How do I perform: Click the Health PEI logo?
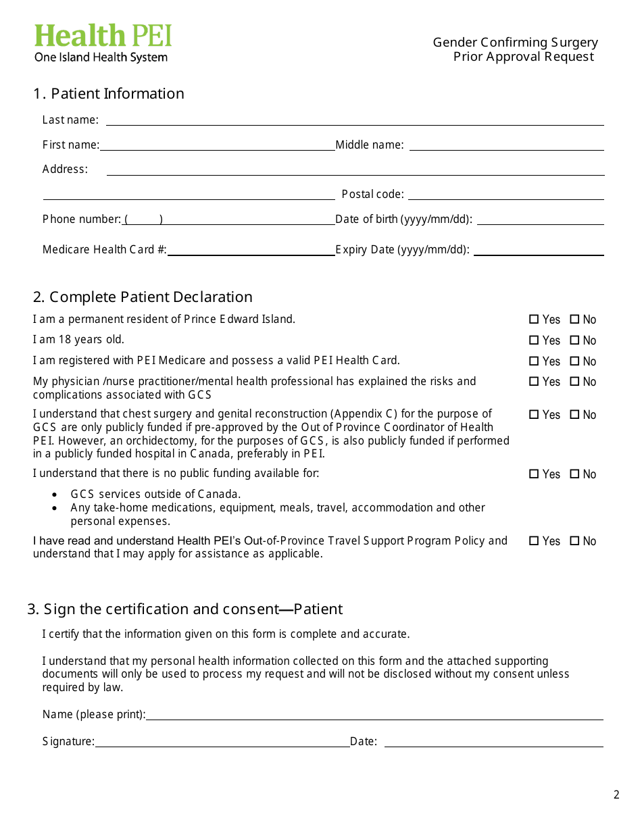tap(103, 43)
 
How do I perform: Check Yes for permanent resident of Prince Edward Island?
tap(534, 320)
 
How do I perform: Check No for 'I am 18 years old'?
tap(574, 341)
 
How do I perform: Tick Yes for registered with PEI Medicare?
tap(534, 361)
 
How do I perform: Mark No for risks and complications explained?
tap(574, 382)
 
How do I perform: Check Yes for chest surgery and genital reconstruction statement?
tap(534, 415)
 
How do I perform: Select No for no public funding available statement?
tap(574, 474)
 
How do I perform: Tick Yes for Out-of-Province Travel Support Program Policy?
tap(534, 541)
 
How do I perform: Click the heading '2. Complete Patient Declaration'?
tap(143, 297)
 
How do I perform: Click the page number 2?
tap(616, 795)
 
